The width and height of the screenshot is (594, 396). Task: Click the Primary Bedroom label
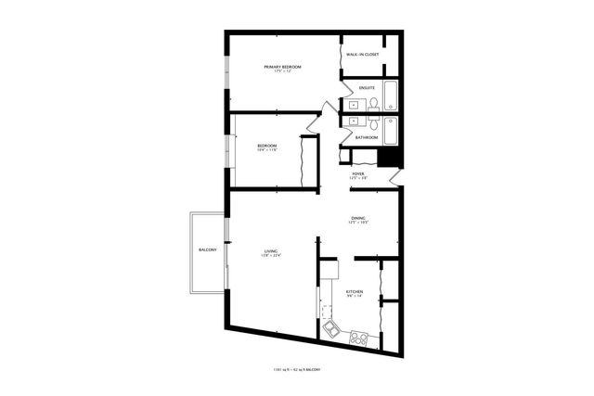coord(283,68)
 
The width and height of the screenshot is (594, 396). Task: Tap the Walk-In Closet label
coord(362,55)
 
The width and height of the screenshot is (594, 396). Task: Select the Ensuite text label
coord(367,87)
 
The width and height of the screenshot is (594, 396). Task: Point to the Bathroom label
coord(367,138)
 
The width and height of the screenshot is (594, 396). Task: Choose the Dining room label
coord(358,221)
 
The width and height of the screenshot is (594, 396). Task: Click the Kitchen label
coord(355,293)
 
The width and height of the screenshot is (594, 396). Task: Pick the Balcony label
coord(207,251)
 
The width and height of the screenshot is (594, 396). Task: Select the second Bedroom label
coord(267,147)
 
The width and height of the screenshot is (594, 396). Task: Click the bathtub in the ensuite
coord(392,97)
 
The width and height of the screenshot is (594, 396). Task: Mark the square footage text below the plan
coord(297,370)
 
